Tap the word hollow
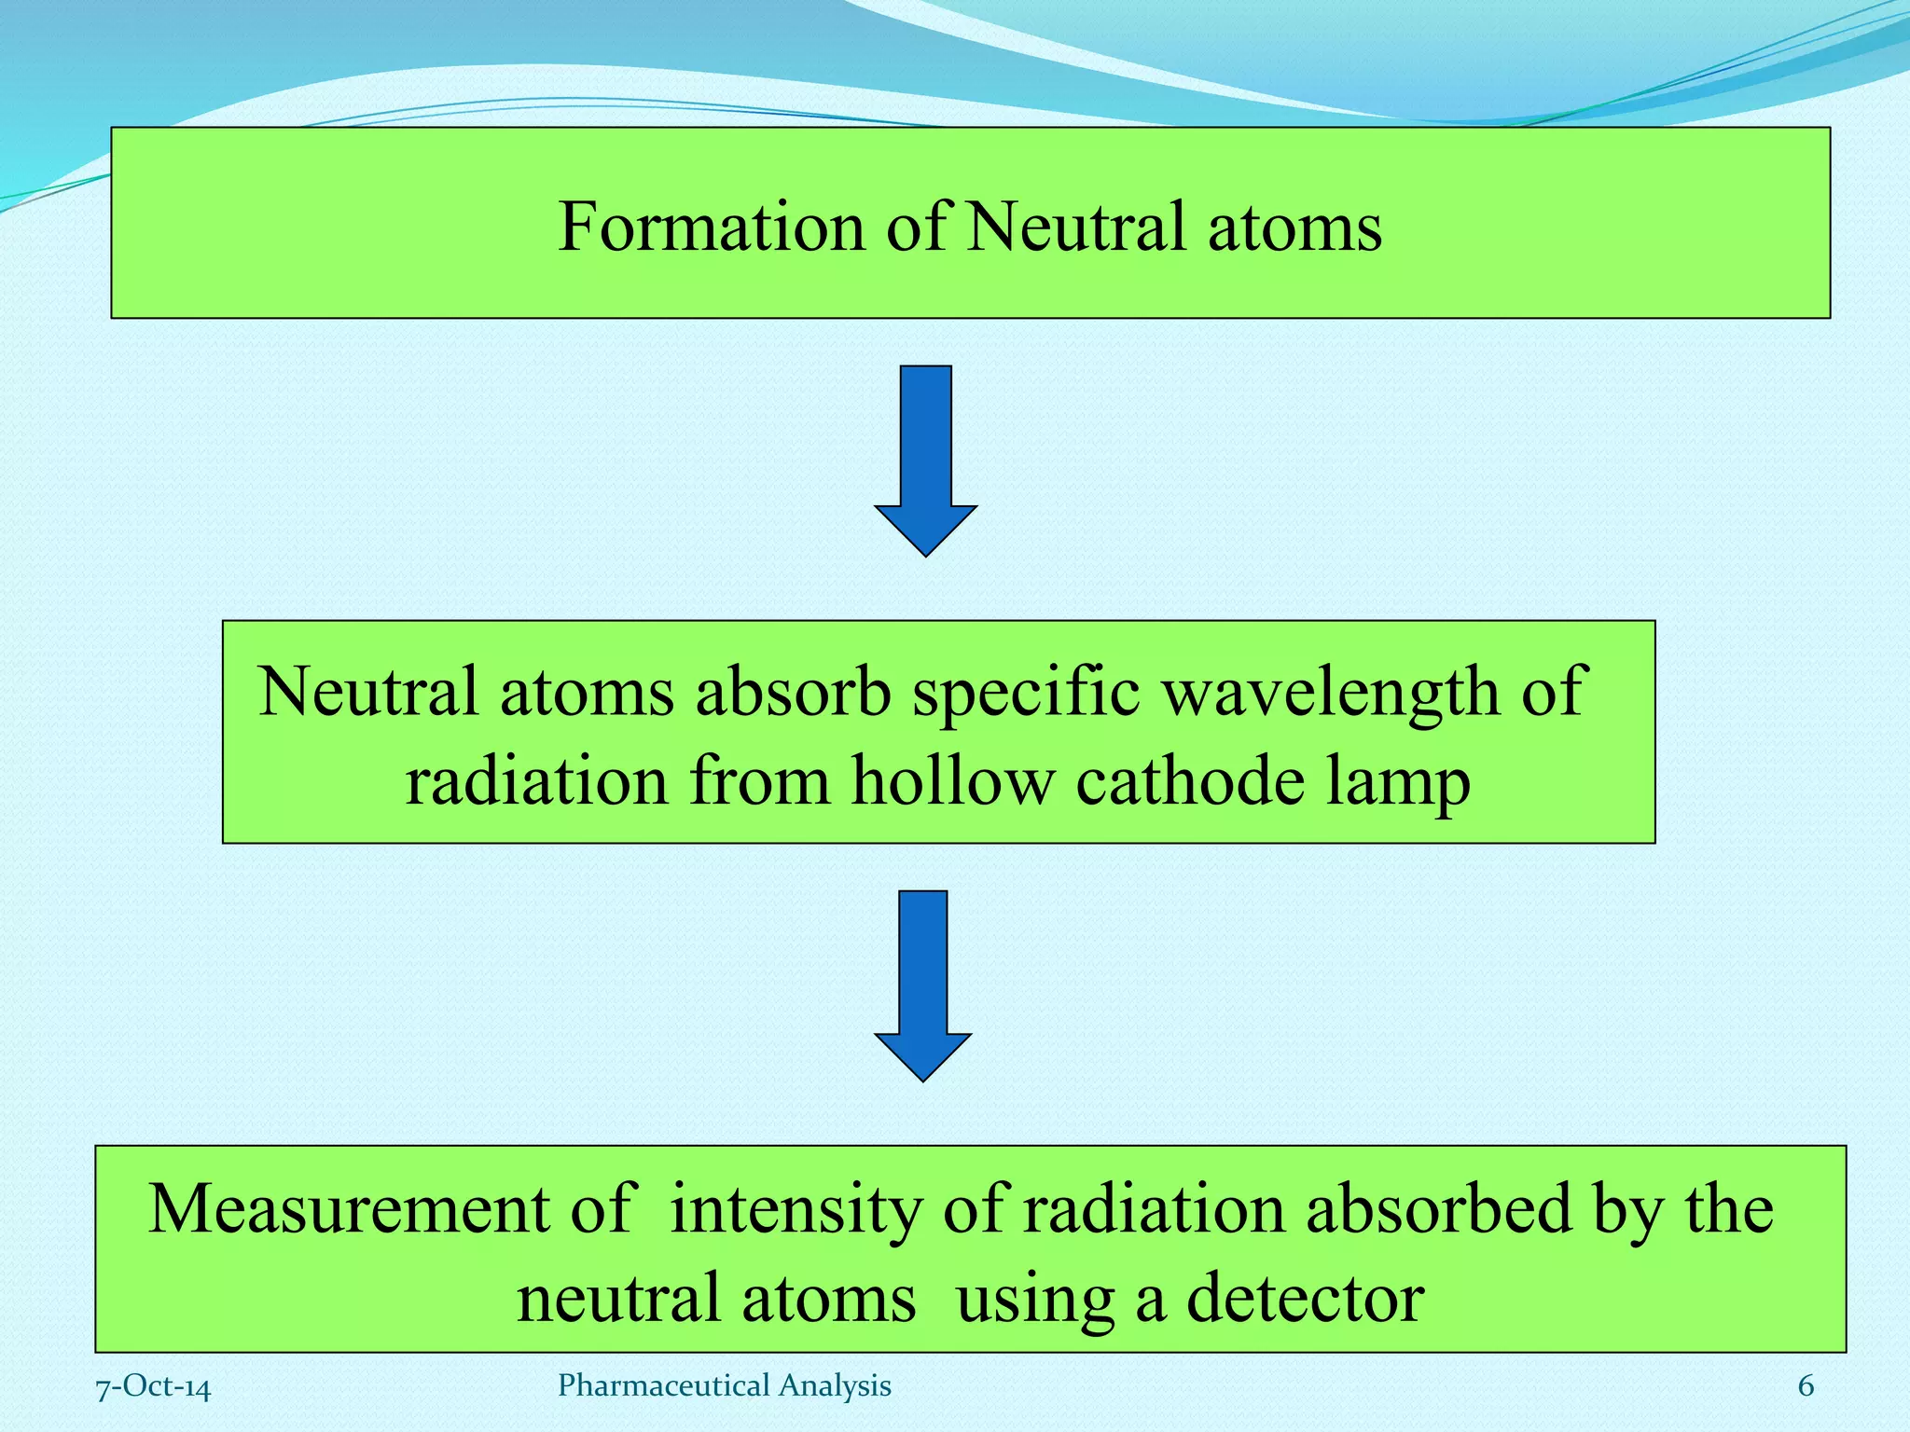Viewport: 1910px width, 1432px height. pyautogui.click(x=952, y=781)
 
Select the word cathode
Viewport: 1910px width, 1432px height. pyautogui.click(x=1189, y=781)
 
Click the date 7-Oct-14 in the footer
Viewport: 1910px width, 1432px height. pyautogui.click(x=154, y=1387)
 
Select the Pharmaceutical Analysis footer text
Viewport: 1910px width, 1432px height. pyautogui.click(x=724, y=1386)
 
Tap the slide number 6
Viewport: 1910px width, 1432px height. pyautogui.click(x=1806, y=1386)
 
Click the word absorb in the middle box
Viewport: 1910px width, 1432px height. pyautogui.click(x=793, y=693)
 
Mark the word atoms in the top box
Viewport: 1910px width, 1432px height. pyautogui.click(x=1294, y=228)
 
